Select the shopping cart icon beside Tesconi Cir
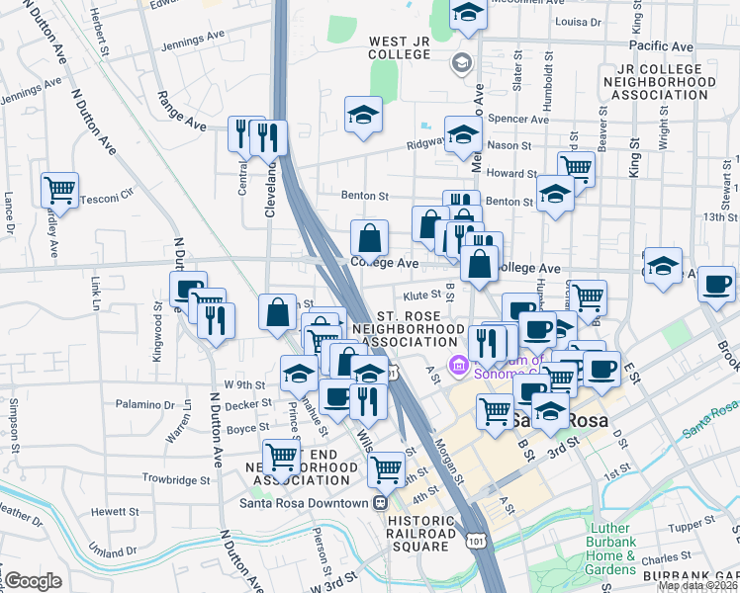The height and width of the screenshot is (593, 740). [60, 190]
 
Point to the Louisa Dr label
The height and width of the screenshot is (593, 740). [580, 20]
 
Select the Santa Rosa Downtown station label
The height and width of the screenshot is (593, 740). [303, 502]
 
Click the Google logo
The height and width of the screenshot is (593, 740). [33, 581]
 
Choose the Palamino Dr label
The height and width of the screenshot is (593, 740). [142, 404]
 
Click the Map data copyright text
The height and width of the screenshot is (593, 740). [697, 586]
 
